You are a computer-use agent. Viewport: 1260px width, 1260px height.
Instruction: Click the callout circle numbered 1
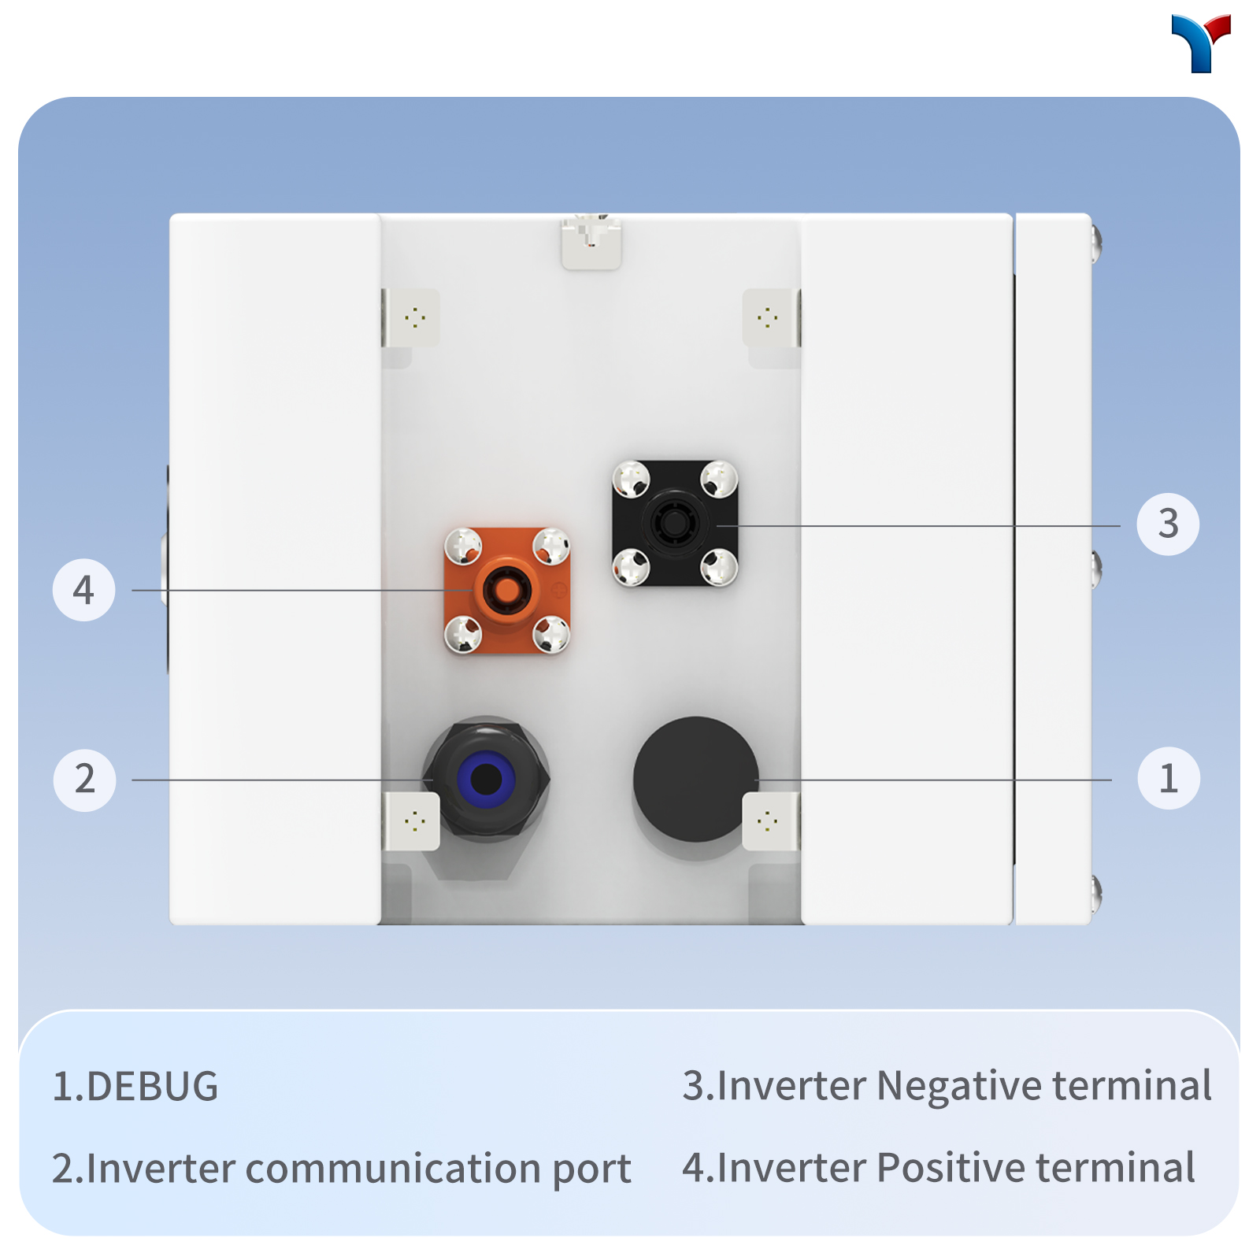(x=1169, y=779)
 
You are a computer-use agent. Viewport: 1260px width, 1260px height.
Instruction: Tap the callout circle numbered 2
(x=84, y=780)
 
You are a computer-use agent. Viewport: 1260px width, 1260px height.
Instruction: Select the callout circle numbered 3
(x=1169, y=524)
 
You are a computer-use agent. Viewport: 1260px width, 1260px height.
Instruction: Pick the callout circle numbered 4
(x=84, y=590)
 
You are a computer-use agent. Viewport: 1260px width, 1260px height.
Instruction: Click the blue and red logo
(x=1201, y=43)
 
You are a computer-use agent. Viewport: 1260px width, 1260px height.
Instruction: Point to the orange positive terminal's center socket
(x=502, y=588)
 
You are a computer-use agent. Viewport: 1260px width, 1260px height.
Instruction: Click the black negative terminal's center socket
(x=674, y=522)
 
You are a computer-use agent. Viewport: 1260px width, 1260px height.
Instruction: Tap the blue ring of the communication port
(x=486, y=780)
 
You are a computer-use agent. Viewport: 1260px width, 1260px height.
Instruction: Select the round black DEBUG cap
(x=695, y=779)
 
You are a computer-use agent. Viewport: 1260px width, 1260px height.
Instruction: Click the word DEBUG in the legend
(x=153, y=1087)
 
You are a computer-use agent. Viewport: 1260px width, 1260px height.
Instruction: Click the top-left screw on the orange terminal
(x=464, y=546)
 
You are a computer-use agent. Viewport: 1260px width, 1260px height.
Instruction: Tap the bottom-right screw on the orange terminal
(x=551, y=634)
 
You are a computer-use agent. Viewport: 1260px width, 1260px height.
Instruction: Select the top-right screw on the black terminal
(x=719, y=480)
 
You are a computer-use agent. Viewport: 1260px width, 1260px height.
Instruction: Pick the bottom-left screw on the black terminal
(x=632, y=568)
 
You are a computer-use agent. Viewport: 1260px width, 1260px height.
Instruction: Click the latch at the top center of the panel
(x=591, y=241)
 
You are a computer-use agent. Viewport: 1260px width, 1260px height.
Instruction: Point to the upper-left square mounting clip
(x=410, y=317)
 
